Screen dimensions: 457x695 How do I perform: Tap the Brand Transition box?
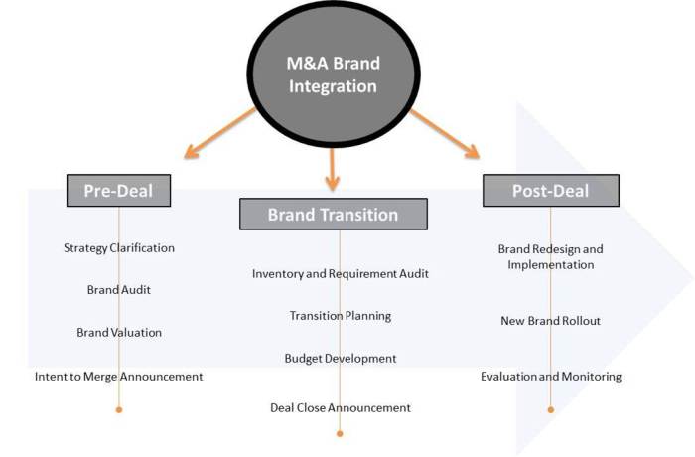(x=333, y=214)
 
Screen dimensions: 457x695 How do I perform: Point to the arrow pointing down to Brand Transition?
(x=332, y=168)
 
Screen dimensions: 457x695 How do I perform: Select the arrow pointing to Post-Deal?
(x=444, y=133)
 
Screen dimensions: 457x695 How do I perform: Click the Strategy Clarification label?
(x=118, y=247)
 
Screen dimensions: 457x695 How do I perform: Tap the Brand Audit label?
(x=119, y=290)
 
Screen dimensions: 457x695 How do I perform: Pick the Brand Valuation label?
(x=119, y=332)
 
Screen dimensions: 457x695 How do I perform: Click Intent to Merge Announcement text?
(x=118, y=377)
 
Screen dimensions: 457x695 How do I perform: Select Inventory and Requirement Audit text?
(x=341, y=273)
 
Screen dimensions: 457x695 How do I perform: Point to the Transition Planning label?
(x=341, y=316)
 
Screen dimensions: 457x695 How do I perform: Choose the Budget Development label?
(x=341, y=358)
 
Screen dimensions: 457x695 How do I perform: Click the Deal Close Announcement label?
(x=341, y=407)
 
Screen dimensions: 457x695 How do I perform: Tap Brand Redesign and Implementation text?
(x=550, y=257)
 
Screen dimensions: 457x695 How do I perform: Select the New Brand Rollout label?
(x=550, y=321)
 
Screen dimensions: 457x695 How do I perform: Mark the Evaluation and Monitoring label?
(x=551, y=377)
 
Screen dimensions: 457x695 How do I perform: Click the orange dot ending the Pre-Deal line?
(x=119, y=409)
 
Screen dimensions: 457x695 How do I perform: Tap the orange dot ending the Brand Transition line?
(x=340, y=433)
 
